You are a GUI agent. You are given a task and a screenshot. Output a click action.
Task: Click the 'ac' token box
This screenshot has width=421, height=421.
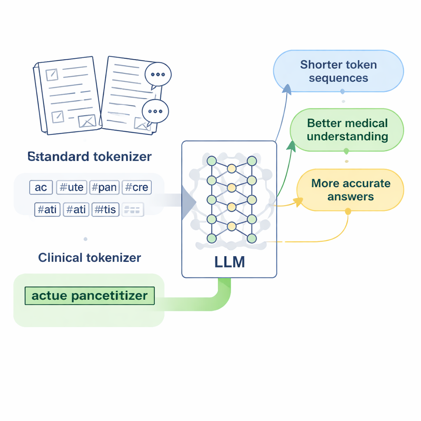coord(41,187)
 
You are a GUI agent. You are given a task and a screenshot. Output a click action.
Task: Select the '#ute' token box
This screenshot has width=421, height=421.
coord(71,187)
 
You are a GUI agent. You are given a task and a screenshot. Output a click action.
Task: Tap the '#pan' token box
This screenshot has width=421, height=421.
coord(104,187)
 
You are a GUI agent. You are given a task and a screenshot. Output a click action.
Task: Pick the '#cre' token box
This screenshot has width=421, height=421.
coord(136,187)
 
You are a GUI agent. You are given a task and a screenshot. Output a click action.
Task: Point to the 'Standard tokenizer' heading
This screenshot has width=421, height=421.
coord(90,157)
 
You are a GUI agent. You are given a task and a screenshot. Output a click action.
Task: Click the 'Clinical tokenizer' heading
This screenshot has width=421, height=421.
coord(90,258)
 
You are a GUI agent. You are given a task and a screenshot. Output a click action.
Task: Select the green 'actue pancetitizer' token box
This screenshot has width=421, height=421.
coord(90,296)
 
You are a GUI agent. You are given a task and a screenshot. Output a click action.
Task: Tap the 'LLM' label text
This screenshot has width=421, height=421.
coord(229,262)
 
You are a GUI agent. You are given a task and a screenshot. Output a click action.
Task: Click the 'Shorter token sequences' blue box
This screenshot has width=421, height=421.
coord(338,71)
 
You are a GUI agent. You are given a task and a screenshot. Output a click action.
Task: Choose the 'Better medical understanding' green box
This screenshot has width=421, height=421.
coord(347,130)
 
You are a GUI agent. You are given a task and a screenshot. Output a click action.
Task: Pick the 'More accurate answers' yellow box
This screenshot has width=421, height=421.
coord(350,190)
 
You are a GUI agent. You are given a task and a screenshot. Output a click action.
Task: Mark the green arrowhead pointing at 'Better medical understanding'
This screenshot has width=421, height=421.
coord(291,146)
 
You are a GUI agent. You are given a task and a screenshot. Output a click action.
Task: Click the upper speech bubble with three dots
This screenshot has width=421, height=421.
coord(158,75)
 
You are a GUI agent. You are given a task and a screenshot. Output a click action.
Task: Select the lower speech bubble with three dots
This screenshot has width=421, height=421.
coord(155,111)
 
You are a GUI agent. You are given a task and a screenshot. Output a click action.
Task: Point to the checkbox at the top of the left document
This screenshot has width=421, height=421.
coord(52,74)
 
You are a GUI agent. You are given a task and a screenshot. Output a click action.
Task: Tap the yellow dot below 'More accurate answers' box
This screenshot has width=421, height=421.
coord(348,211)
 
